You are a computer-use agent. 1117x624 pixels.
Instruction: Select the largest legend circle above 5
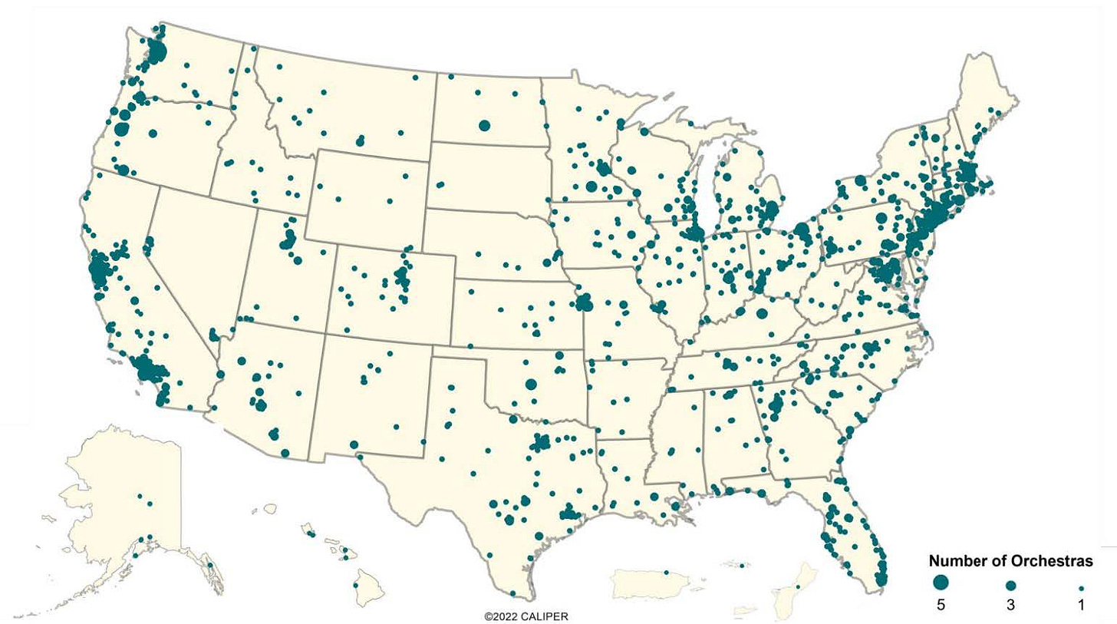pyautogui.click(x=941, y=583)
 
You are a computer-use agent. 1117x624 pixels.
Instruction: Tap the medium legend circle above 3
pyautogui.click(x=1011, y=584)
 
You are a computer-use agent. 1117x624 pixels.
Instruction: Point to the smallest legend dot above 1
pyautogui.click(x=1081, y=584)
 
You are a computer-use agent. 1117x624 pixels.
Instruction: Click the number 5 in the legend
pyautogui.click(x=941, y=606)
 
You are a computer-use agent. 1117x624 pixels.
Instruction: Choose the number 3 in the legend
pyautogui.click(x=1011, y=606)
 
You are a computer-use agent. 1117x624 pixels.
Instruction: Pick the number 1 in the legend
pyautogui.click(x=1081, y=606)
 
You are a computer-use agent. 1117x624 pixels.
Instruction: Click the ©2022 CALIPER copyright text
pyautogui.click(x=526, y=616)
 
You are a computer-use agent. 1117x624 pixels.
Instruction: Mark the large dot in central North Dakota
pyautogui.click(x=484, y=125)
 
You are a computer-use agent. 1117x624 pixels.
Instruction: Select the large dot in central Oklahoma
pyautogui.click(x=531, y=385)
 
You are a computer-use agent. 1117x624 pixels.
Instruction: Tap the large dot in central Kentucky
pyautogui.click(x=761, y=313)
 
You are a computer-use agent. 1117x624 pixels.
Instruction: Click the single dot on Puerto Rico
pyautogui.click(x=666, y=573)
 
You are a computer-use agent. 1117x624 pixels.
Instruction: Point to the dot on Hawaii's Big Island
pyautogui.click(x=356, y=586)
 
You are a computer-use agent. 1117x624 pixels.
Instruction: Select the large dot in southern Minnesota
pyautogui.click(x=591, y=187)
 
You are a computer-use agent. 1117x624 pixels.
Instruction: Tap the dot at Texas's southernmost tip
pyautogui.click(x=512, y=593)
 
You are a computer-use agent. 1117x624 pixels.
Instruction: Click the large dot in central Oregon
pyautogui.click(x=153, y=134)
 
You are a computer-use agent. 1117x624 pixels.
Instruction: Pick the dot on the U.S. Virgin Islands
pyautogui.click(x=742, y=566)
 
